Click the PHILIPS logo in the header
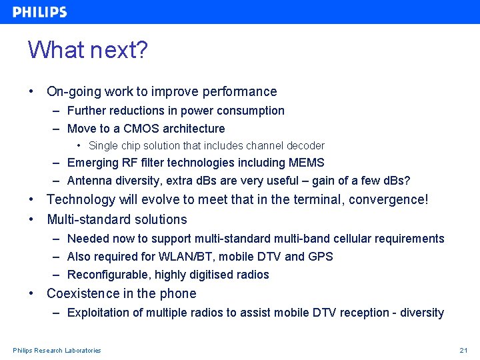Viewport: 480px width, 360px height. click(x=40, y=12)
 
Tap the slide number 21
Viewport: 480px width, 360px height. click(x=463, y=351)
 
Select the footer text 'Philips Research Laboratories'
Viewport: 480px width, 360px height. click(x=57, y=351)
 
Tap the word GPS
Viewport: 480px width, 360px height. click(x=320, y=257)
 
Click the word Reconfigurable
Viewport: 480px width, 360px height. click(x=108, y=275)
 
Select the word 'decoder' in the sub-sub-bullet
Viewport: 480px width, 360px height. click(x=305, y=145)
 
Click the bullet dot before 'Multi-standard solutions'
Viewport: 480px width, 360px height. click(x=31, y=219)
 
